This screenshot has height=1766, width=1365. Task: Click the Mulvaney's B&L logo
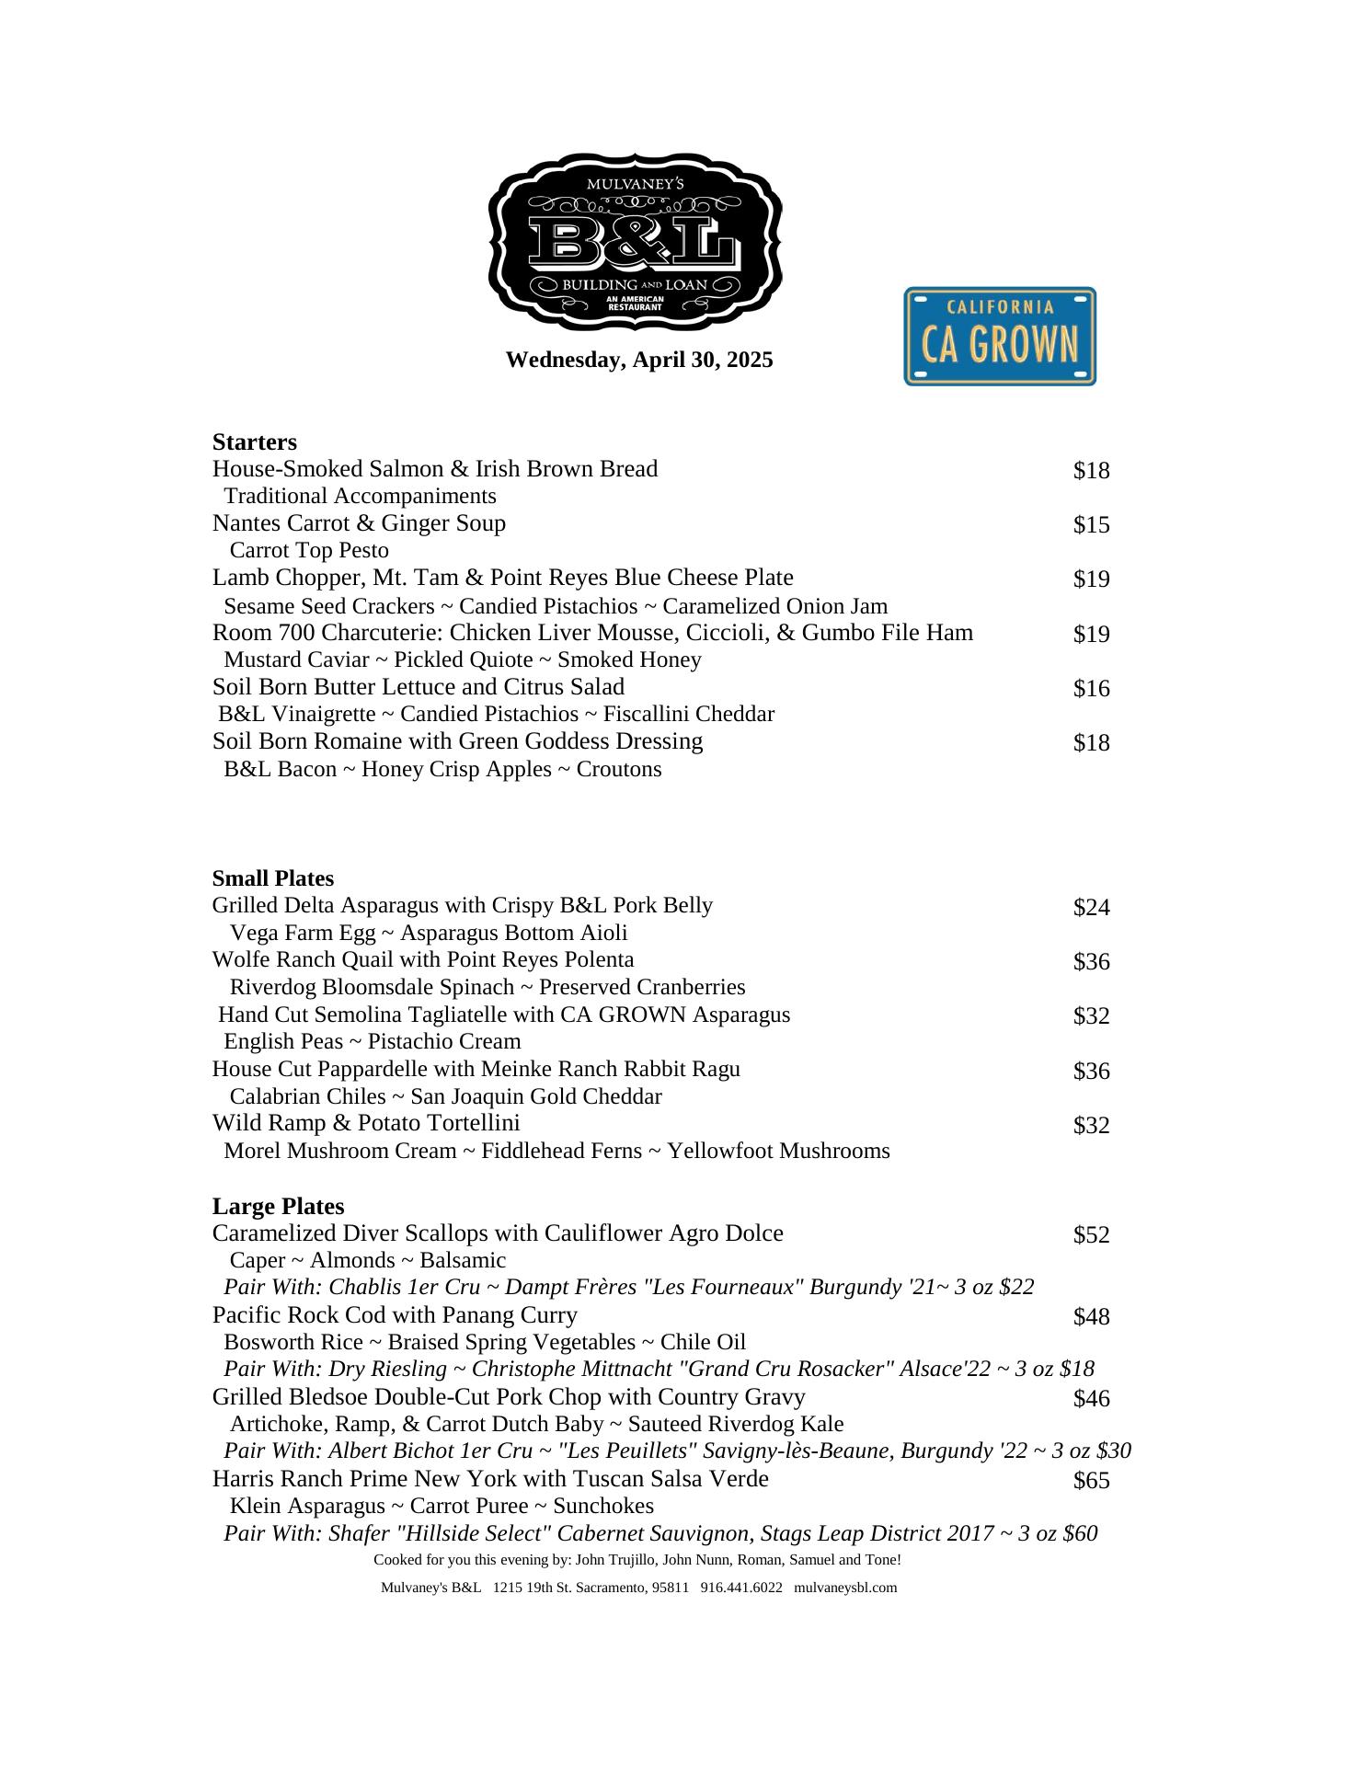tap(635, 242)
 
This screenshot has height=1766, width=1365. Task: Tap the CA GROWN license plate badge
tap(1000, 336)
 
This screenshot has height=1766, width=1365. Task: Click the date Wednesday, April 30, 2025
tap(639, 360)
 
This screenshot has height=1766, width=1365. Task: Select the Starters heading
tap(255, 441)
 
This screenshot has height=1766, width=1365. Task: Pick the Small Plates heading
tap(273, 878)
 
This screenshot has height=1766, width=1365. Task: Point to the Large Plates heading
tap(278, 1206)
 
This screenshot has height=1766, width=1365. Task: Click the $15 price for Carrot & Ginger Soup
tap(1091, 525)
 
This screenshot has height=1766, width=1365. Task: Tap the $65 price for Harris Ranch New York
tap(1091, 1480)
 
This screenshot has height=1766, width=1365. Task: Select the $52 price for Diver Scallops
tap(1091, 1234)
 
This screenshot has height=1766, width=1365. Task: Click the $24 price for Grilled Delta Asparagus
tap(1091, 908)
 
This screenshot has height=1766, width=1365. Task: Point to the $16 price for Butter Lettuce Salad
tap(1091, 689)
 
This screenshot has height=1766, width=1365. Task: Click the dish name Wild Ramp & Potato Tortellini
tap(366, 1123)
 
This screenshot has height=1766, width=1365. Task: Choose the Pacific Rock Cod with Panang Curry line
tap(395, 1315)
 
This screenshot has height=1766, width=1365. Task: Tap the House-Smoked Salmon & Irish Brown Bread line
tap(435, 469)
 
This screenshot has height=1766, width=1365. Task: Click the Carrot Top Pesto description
tap(309, 551)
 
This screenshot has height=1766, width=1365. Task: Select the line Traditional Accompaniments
tap(360, 497)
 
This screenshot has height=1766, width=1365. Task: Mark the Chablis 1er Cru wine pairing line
tap(629, 1287)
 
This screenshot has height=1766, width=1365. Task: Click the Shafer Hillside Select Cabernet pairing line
tap(660, 1533)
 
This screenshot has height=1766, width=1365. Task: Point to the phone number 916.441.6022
tap(741, 1588)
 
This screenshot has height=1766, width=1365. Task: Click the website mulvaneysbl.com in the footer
tap(845, 1588)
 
